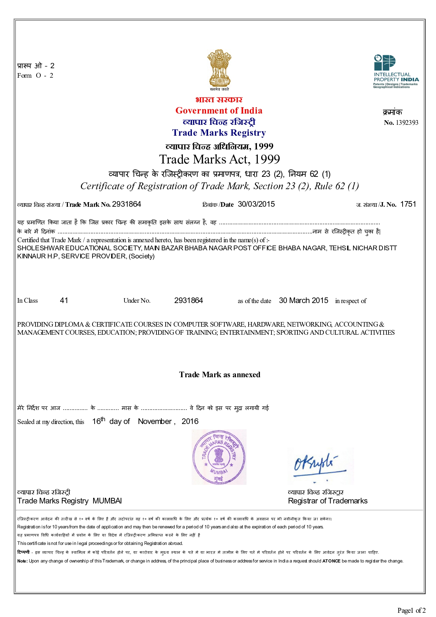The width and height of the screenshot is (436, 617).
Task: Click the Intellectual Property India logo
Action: pyautogui.click(x=396, y=72)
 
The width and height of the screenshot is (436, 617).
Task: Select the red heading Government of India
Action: pyautogui.click(x=219, y=111)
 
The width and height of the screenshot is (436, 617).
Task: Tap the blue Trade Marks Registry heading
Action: pyautogui.click(x=219, y=133)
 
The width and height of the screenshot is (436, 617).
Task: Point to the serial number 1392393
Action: pyautogui.click(x=407, y=123)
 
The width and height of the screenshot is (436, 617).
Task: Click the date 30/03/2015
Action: pyautogui.click(x=256, y=204)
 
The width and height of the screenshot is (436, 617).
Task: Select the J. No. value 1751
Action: pyautogui.click(x=408, y=204)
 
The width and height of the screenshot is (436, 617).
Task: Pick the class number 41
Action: pyautogui.click(x=64, y=301)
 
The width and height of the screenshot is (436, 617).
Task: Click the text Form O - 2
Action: pyautogui.click(x=35, y=76)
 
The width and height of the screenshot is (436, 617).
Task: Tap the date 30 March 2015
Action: pyautogui.click(x=303, y=301)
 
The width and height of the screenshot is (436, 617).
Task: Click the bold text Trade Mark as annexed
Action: pyautogui.click(x=219, y=375)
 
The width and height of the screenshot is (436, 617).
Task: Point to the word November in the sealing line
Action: pyautogui.click(x=155, y=422)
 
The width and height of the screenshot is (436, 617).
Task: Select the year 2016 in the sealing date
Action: pyautogui.click(x=190, y=422)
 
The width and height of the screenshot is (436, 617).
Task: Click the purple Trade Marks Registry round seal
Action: pyautogui.click(x=219, y=457)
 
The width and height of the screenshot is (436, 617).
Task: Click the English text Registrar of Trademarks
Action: pyautogui.click(x=327, y=501)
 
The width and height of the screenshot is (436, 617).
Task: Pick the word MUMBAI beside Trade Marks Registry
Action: pyautogui.click(x=107, y=501)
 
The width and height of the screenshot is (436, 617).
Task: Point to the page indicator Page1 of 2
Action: pyautogui.click(x=411, y=610)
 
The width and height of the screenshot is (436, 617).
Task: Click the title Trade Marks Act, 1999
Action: pyautogui.click(x=219, y=160)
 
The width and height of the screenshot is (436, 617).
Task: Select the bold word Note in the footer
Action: pyautogui.click(x=22, y=561)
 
